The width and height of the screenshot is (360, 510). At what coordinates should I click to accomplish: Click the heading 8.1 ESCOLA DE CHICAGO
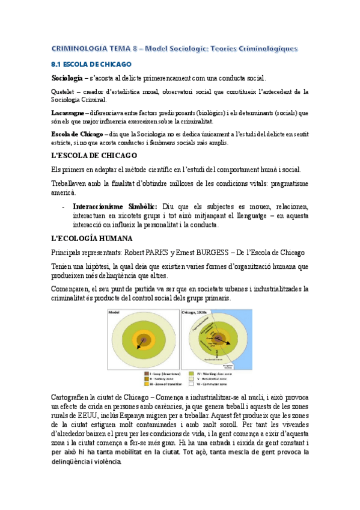[x=90, y=64]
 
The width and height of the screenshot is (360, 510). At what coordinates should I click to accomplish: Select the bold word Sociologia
[x=67, y=78]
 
